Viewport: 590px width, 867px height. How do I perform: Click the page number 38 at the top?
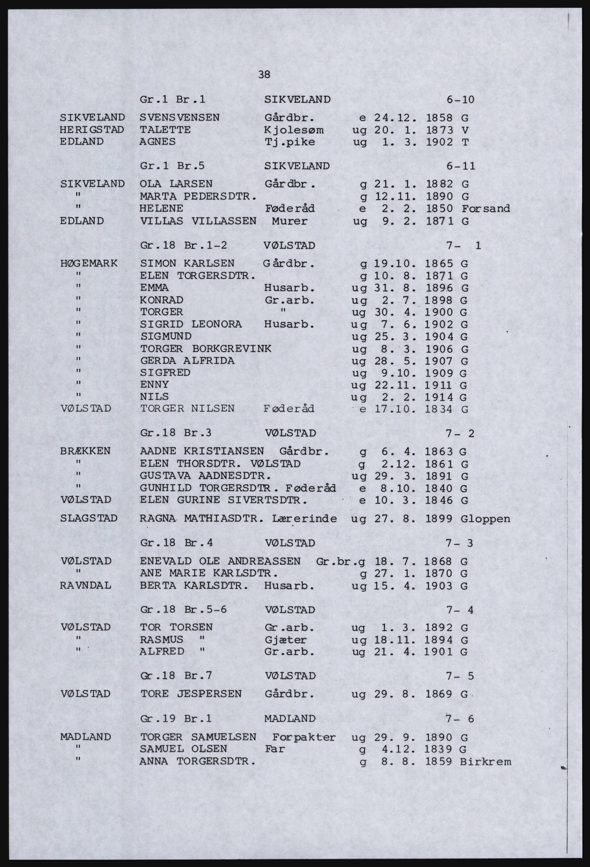click(x=264, y=75)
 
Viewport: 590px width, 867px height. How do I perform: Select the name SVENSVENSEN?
click(x=179, y=118)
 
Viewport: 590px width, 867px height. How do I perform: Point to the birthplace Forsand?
click(x=486, y=209)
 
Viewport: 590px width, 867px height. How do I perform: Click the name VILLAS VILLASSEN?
click(x=198, y=221)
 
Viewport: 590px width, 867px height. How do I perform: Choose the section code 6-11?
click(x=460, y=166)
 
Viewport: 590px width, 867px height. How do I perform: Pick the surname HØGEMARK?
click(x=89, y=264)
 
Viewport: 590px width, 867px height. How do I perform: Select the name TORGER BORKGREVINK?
click(x=206, y=349)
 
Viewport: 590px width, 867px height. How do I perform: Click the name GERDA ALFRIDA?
click(x=187, y=361)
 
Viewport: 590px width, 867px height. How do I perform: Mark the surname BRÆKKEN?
click(x=85, y=451)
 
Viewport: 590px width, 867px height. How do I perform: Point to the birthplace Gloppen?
click(x=485, y=519)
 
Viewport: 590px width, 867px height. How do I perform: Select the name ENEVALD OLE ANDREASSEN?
click(x=220, y=562)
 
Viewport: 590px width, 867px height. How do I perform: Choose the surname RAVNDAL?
click(x=86, y=586)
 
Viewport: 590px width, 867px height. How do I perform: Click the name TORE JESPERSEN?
click(x=191, y=694)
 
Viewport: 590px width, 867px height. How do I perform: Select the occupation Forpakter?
click(x=304, y=737)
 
